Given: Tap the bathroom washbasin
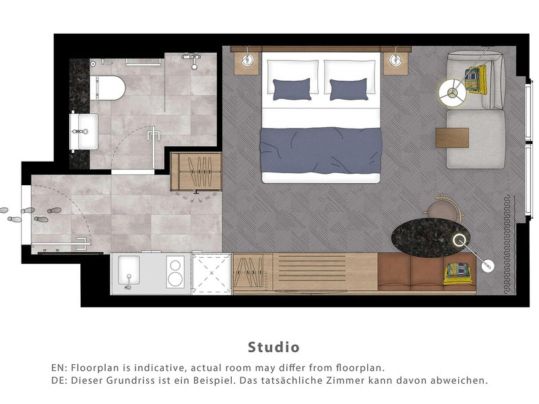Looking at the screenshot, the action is click(84, 131).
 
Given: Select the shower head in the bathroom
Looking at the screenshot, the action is click(194, 66).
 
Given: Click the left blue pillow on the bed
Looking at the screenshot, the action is click(292, 89).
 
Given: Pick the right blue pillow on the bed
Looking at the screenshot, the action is click(348, 90).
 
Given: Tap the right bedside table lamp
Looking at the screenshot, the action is click(395, 61).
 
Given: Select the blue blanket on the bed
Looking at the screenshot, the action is click(321, 150).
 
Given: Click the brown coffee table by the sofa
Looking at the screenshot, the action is click(452, 138).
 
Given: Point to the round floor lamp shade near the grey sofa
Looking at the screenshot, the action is click(452, 93).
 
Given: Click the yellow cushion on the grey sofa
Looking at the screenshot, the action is click(476, 79).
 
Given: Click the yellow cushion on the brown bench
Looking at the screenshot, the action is click(459, 273).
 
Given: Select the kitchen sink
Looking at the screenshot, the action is click(129, 271).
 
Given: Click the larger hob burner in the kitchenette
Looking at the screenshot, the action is click(175, 279).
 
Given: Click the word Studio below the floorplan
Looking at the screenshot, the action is click(274, 347).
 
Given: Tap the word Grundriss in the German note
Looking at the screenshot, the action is click(126, 380).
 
